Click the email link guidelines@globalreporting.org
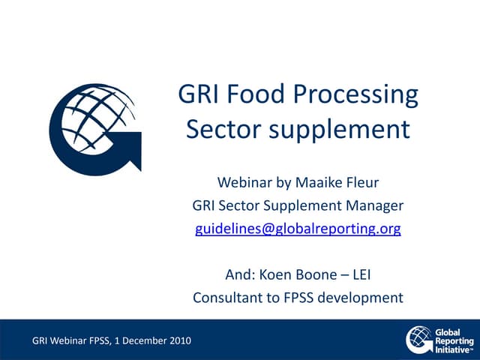[298, 229]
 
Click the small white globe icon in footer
[418, 339]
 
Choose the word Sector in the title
[218, 129]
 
